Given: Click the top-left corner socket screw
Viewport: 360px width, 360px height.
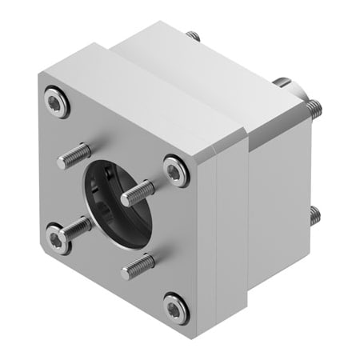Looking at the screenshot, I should (54, 102).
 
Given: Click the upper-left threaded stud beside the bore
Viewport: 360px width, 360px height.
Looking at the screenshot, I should (74, 156).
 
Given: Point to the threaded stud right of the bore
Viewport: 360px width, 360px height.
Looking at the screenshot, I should (137, 193).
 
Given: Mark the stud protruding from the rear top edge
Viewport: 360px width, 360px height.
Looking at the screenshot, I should (193, 36).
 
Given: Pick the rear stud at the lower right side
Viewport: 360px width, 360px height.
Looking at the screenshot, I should (314, 214).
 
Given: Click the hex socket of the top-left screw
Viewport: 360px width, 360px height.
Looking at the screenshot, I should (54, 102).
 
